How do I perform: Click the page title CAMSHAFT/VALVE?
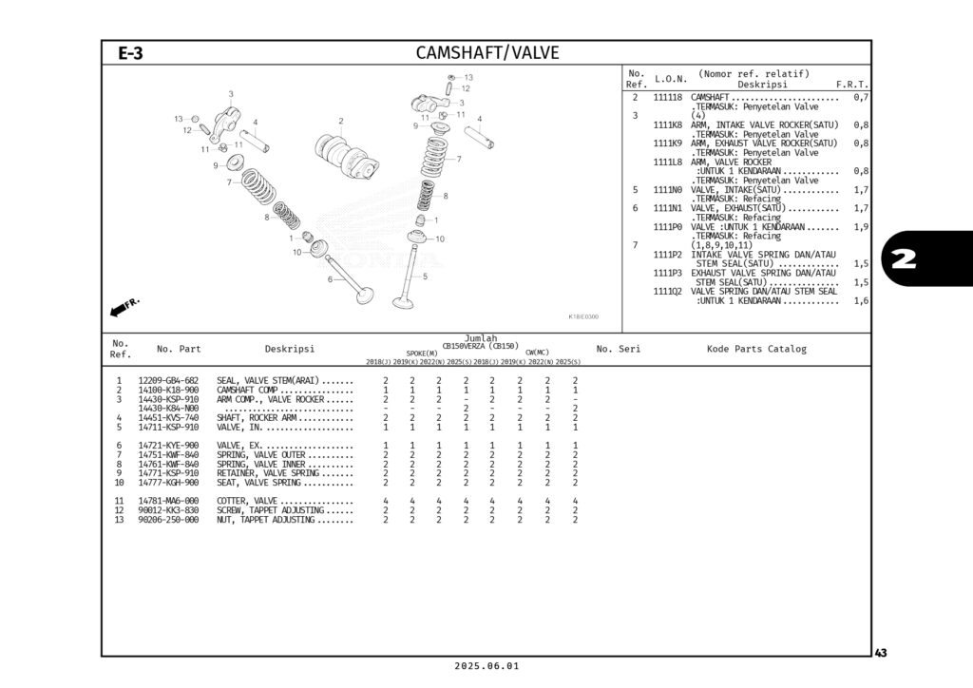487,52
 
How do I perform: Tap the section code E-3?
131,53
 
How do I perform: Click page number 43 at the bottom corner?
881,653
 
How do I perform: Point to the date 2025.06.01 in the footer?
486,666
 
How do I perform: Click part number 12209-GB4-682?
168,380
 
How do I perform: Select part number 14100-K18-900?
168,390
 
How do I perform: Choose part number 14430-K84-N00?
168,409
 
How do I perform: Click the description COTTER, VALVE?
247,501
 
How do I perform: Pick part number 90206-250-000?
168,520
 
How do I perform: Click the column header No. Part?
179,349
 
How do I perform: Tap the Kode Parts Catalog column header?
756,349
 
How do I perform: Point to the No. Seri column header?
618,349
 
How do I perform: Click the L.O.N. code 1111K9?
668,143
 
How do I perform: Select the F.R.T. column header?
851,85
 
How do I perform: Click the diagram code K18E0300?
582,317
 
